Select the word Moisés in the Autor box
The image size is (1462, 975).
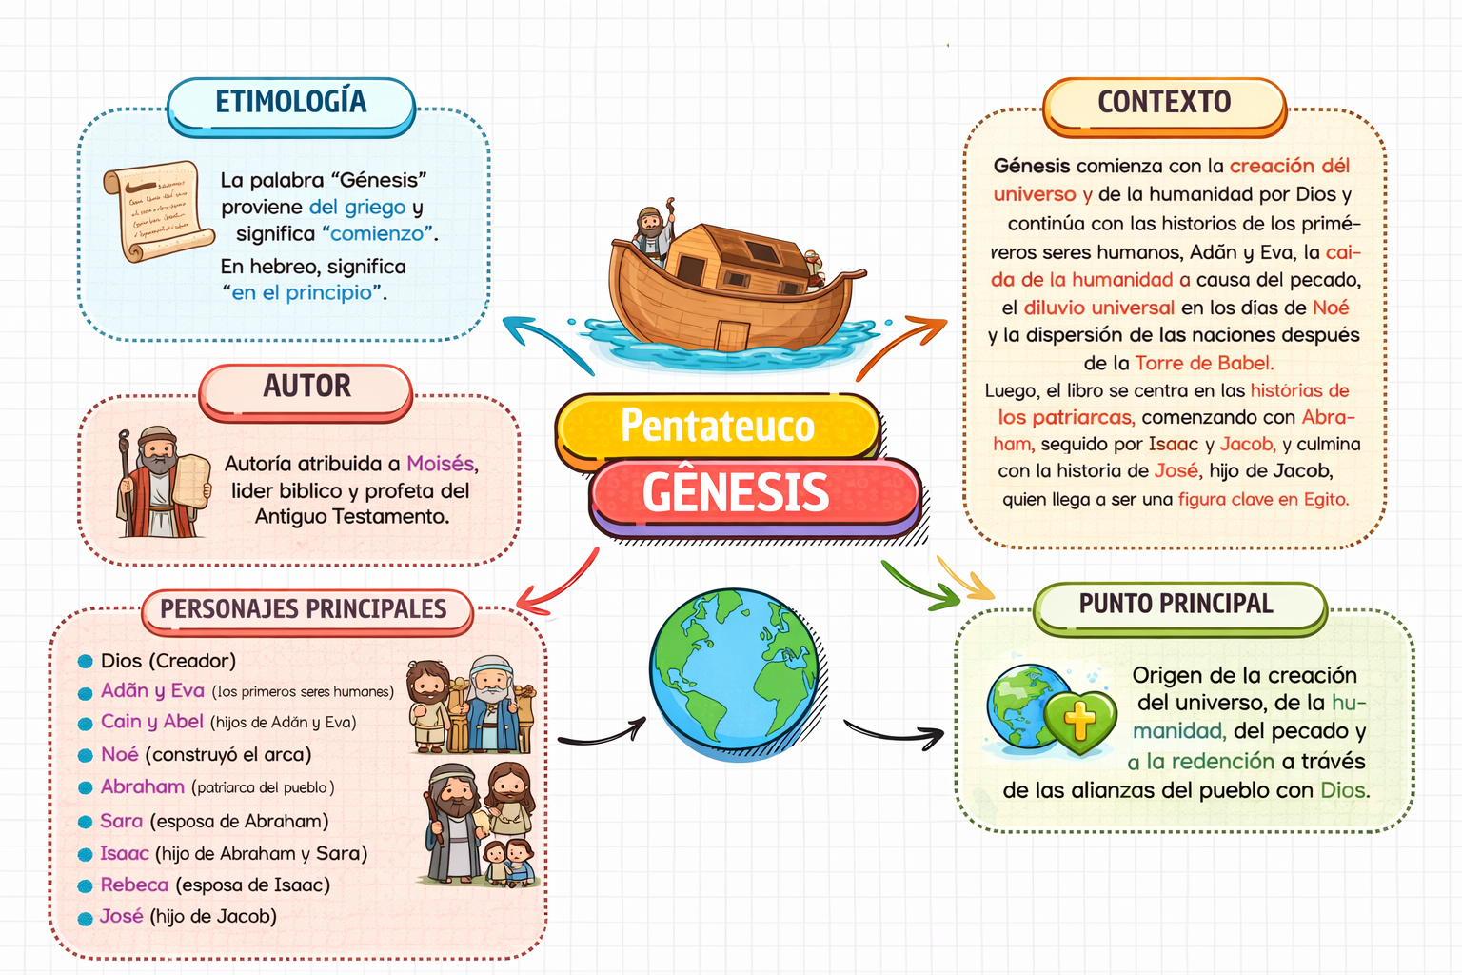[x=440, y=463]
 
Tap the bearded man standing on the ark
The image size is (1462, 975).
[x=653, y=234]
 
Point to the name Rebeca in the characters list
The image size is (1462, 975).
[x=134, y=885]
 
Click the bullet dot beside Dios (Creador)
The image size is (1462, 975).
[x=85, y=662]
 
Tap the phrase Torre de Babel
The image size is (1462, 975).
[x=1204, y=363]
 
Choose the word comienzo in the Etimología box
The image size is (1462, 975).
[x=377, y=234]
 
